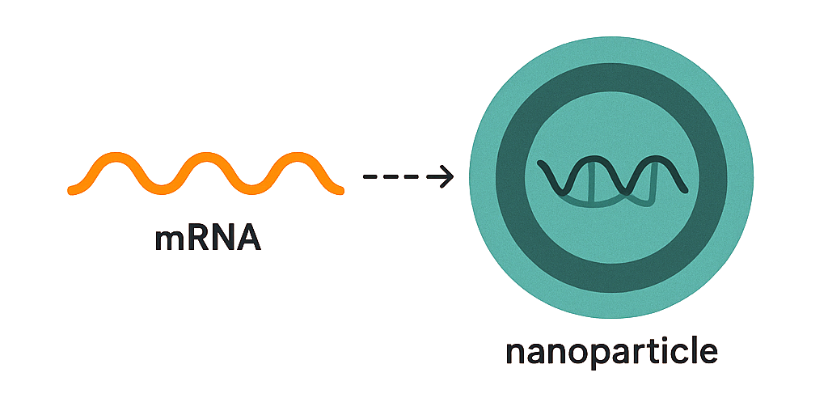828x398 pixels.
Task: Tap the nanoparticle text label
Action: pos(611,353)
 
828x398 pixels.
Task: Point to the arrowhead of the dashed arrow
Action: pos(444,176)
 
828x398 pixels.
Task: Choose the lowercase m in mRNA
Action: pos(170,239)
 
